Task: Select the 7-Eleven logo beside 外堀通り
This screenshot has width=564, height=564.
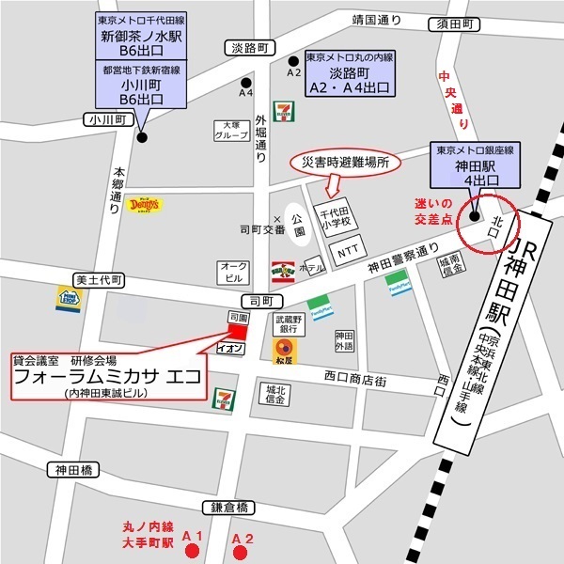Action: [281, 112]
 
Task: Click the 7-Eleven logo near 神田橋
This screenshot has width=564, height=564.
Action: [224, 399]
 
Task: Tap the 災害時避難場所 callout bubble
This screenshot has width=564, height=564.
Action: [345, 163]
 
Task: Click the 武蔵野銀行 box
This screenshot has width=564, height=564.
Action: [289, 324]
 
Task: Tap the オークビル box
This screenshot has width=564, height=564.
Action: [232, 272]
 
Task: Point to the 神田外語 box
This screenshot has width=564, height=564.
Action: [344, 341]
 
